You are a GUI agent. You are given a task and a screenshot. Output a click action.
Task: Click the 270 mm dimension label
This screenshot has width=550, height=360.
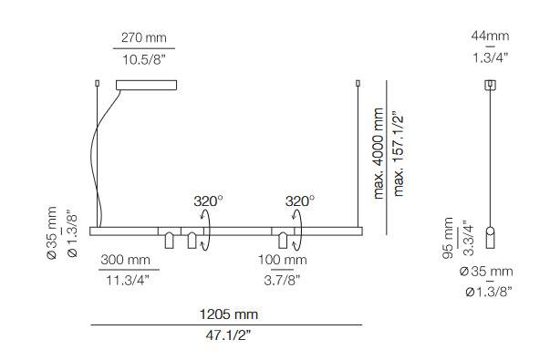tap(144, 37)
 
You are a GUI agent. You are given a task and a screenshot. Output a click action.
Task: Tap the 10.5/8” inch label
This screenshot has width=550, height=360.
tap(143, 59)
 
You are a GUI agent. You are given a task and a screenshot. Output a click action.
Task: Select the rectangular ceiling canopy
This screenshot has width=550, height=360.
tap(146, 85)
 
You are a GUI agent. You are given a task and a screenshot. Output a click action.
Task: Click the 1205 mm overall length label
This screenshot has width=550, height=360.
tap(229, 314)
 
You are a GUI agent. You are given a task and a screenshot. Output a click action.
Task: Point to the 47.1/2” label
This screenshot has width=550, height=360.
tap(228, 335)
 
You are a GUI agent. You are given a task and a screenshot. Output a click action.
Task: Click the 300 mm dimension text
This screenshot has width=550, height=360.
tap(125, 260)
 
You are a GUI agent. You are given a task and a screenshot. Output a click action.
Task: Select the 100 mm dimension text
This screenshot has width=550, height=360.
tap(283, 260)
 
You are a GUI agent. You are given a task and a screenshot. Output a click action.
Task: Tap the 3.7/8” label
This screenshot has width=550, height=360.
tap(283, 280)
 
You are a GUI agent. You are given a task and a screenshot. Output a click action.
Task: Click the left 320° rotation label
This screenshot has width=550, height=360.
tap(208, 201)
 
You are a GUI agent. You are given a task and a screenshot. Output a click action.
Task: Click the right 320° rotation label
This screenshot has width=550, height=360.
tap(300, 201)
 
